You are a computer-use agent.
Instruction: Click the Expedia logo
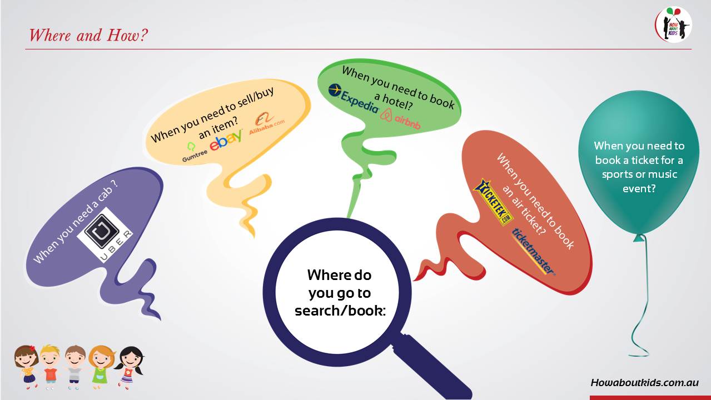(354, 98)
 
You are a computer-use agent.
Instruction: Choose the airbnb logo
(400, 119)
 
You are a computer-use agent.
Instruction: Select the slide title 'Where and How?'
(88, 35)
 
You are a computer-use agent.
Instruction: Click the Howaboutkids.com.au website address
(644, 383)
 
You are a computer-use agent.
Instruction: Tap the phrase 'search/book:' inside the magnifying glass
(340, 311)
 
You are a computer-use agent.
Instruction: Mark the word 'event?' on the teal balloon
(639, 188)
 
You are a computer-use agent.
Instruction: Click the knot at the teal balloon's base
(639, 237)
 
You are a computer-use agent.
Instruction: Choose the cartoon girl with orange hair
(101, 364)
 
